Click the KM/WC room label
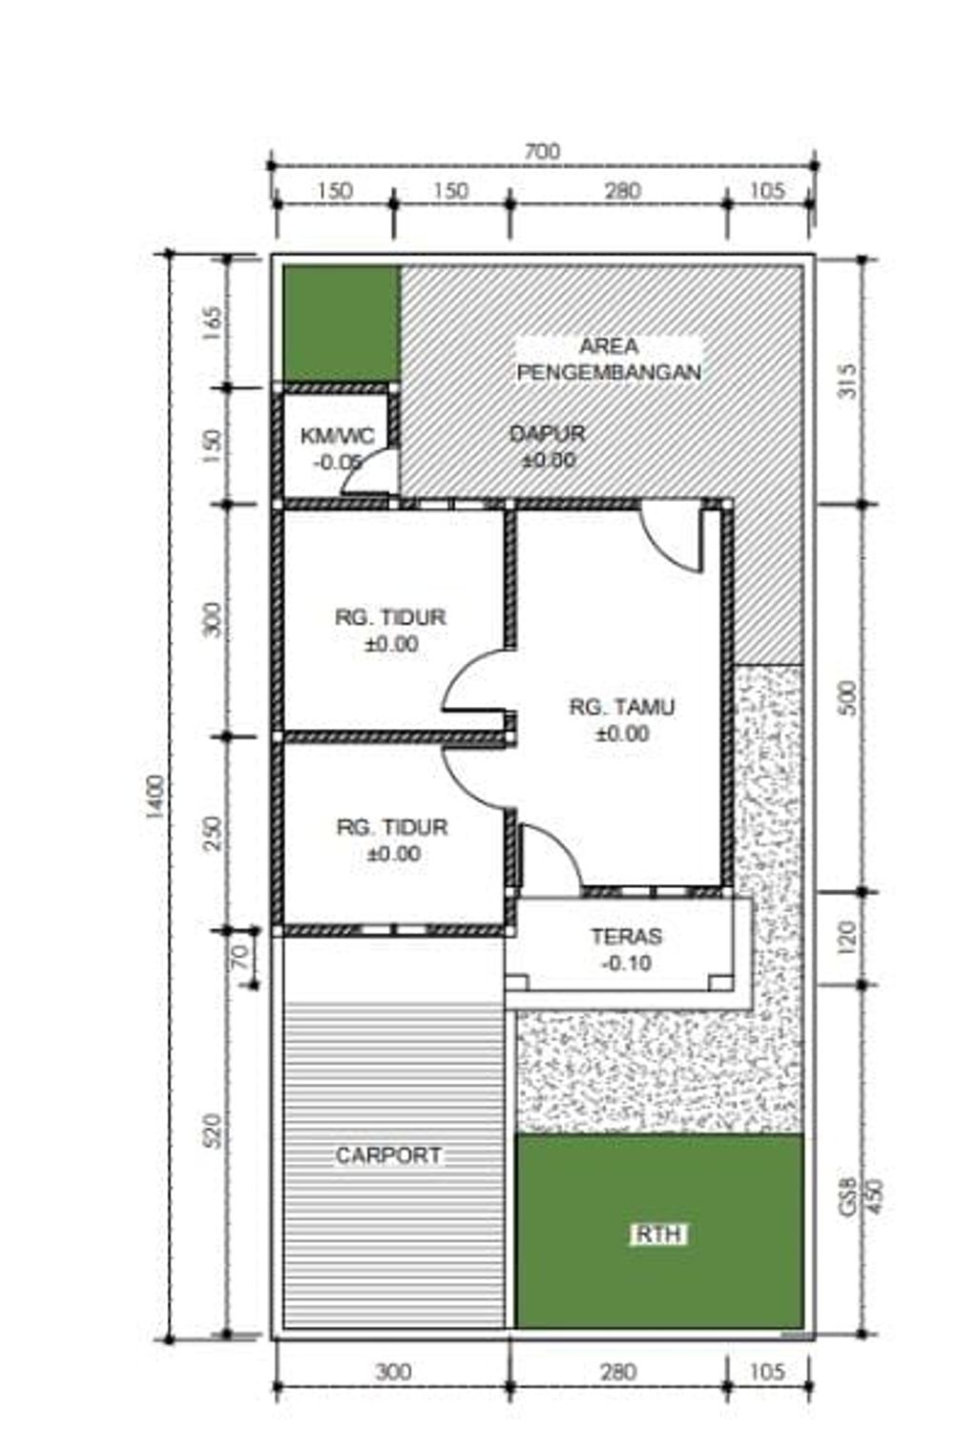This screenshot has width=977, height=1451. point(338,436)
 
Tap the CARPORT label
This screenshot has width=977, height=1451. point(388,1155)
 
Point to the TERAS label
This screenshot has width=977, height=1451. point(627,936)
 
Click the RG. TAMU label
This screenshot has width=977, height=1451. point(621,707)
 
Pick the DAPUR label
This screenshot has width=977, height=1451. point(548,433)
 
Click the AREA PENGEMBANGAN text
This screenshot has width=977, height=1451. point(609,359)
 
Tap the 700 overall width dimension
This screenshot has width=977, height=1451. point(542,152)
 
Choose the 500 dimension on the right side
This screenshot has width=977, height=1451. point(847,697)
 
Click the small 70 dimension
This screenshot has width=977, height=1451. point(239,957)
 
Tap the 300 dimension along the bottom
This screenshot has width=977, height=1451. point(393,1371)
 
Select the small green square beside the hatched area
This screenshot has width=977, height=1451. point(342,324)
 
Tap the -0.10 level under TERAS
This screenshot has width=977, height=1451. point(627,964)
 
